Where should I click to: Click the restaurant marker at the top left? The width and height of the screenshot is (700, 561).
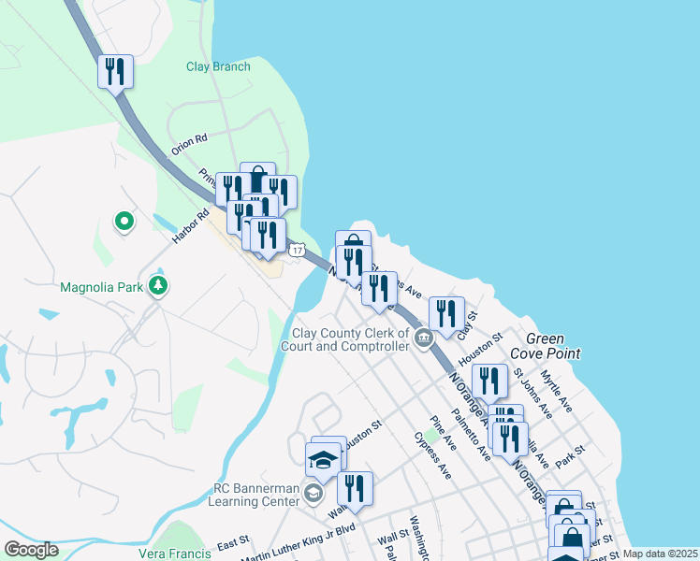pos(115,71)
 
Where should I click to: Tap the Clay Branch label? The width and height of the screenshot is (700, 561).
pos(218,66)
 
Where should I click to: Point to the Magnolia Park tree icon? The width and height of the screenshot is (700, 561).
pos(159,285)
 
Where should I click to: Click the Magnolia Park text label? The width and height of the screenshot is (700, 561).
pos(100,287)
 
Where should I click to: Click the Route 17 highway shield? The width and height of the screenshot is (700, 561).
pos(297,251)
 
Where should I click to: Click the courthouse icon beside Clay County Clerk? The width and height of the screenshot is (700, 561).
pos(423,338)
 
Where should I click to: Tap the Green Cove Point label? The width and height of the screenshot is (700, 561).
pos(553,346)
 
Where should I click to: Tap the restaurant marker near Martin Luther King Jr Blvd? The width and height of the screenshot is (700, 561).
pos(355,489)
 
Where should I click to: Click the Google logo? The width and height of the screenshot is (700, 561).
pos(31,550)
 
